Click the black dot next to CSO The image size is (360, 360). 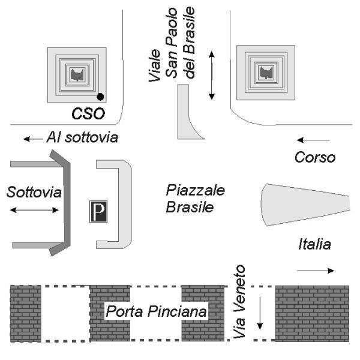(100, 97)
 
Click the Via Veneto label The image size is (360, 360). (239, 302)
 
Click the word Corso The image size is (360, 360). (315, 158)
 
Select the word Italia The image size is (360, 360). (315, 244)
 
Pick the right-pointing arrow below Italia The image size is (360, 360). (316, 271)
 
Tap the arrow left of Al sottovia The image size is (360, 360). (33, 139)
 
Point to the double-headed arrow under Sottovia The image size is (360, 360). (34, 209)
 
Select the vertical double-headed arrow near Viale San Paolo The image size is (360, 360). (211, 75)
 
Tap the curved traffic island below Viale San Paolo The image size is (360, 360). (187, 117)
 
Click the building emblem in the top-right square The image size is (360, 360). (265, 73)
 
